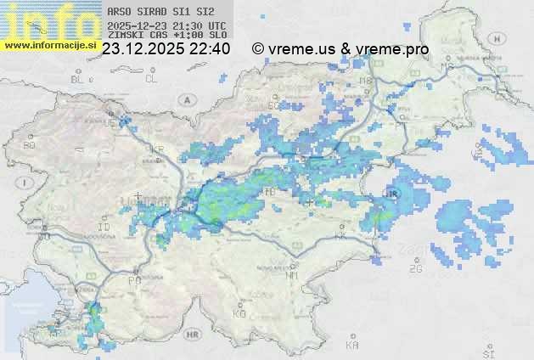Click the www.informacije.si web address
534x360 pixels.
(x=50, y=44)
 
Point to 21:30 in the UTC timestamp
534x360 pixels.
(x=188, y=26)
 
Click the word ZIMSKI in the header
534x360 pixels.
(x=123, y=37)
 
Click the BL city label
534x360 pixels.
(x=78, y=79)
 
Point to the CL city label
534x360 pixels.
(x=151, y=79)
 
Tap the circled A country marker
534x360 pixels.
(x=186, y=99)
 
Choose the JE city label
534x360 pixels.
(x=109, y=123)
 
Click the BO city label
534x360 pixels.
(x=30, y=145)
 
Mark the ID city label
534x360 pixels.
(x=104, y=228)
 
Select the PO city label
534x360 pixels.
(x=133, y=280)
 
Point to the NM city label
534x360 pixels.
(x=292, y=275)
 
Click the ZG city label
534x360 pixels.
(x=415, y=269)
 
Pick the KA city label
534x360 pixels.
(x=351, y=346)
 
